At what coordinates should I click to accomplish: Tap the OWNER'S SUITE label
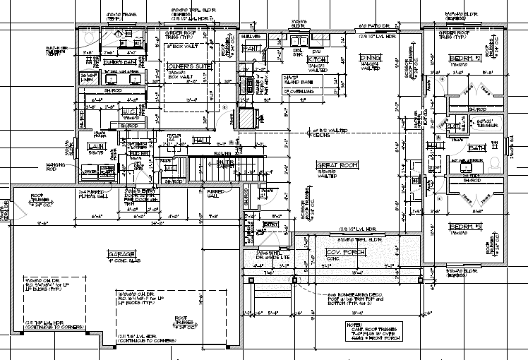(185, 66)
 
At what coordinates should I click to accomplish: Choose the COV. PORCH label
(343, 252)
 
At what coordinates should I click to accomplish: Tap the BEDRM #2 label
(462, 57)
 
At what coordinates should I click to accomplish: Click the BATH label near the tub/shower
(477, 148)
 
